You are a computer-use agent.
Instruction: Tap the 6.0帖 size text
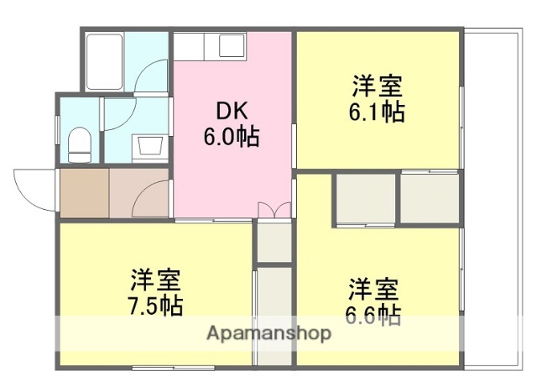point(231,135)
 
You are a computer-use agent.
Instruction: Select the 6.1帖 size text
point(377,111)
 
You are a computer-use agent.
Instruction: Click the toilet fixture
point(79,144)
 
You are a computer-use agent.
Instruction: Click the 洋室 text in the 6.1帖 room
point(377,86)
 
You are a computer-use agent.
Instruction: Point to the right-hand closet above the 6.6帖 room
point(430,199)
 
